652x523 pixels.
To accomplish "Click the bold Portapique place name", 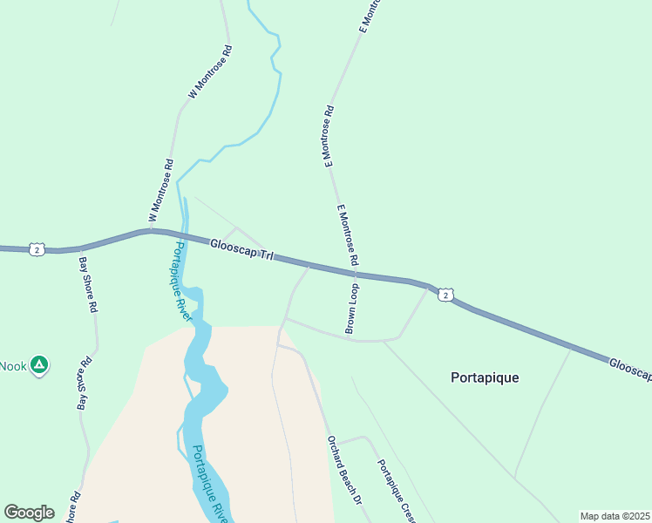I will (485, 377).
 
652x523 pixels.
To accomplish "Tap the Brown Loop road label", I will (352, 309).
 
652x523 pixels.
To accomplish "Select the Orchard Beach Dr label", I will (343, 471).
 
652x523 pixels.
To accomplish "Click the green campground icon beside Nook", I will (38, 365).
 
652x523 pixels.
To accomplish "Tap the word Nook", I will (13, 366).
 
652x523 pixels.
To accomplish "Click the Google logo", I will (29, 513).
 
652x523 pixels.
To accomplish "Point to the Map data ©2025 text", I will (615, 516).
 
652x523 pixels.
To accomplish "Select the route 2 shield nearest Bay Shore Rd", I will (36, 249).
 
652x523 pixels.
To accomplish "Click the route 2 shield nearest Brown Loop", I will (445, 295).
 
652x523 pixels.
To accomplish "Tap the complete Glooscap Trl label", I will (241, 249).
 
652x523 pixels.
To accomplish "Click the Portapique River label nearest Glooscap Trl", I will (180, 282).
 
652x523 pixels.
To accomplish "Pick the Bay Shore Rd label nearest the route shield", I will (89, 284).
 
